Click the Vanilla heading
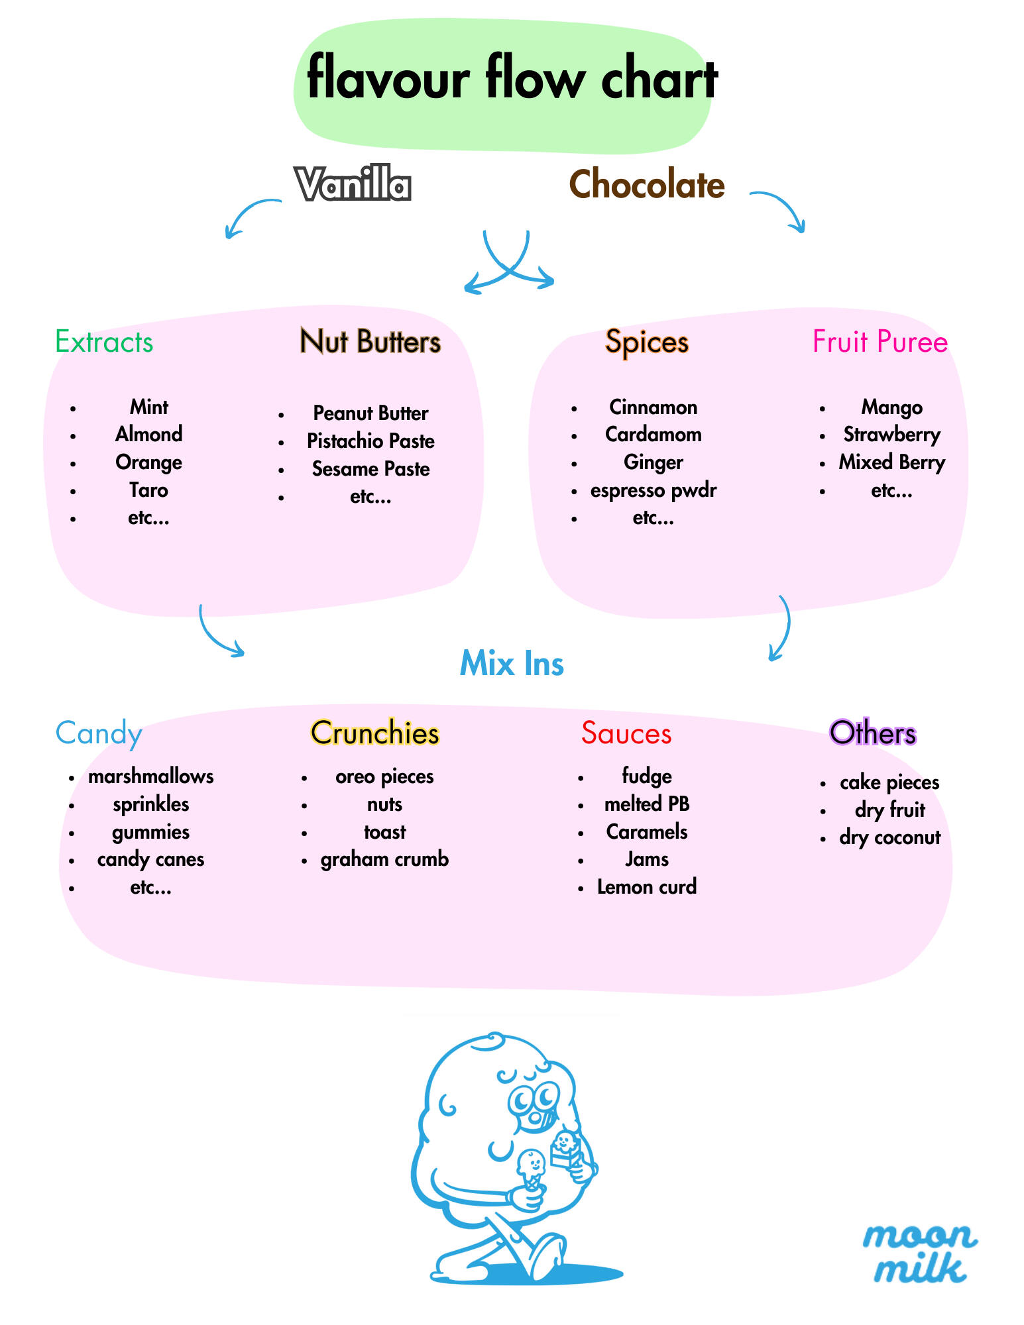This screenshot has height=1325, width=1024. pyautogui.click(x=353, y=184)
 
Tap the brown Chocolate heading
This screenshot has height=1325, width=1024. pyautogui.click(x=646, y=184)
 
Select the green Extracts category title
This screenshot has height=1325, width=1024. pyautogui.click(x=104, y=342)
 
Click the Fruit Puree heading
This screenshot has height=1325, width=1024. pyautogui.click(x=880, y=342)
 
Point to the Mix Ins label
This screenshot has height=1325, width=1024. pyautogui.click(x=512, y=663)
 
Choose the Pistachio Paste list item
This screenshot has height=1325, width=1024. pyautogui.click(x=370, y=441)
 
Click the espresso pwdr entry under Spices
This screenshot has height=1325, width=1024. pyautogui.click(x=653, y=490)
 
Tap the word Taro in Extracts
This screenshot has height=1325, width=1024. pyautogui.click(x=148, y=490)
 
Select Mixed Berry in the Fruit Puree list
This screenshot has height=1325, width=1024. pyautogui.click(x=891, y=462)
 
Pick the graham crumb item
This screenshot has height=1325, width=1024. pyautogui.click(x=384, y=859)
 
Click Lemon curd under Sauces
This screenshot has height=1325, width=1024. pyautogui.click(x=646, y=887)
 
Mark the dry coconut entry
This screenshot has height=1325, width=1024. pyautogui.click(x=889, y=837)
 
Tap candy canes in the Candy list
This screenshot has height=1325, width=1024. pyautogui.click(x=150, y=859)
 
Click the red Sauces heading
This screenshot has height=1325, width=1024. pyautogui.click(x=626, y=733)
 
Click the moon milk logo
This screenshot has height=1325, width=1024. pyautogui.click(x=919, y=1252)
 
